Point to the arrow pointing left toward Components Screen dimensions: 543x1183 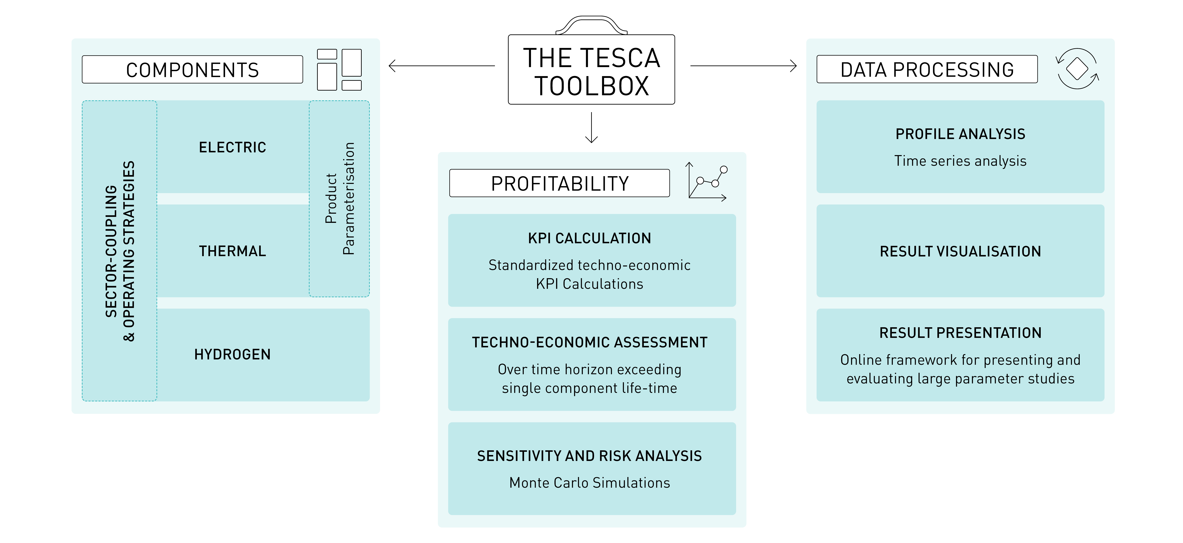[x=441, y=66]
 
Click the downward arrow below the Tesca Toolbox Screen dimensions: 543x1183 [x=591, y=128]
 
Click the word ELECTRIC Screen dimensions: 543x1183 [x=232, y=147]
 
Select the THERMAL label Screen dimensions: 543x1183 [x=232, y=251]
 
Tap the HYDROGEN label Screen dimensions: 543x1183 [x=232, y=354]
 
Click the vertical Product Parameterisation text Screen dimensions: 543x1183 [x=340, y=198]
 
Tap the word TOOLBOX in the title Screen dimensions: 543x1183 [x=591, y=86]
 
